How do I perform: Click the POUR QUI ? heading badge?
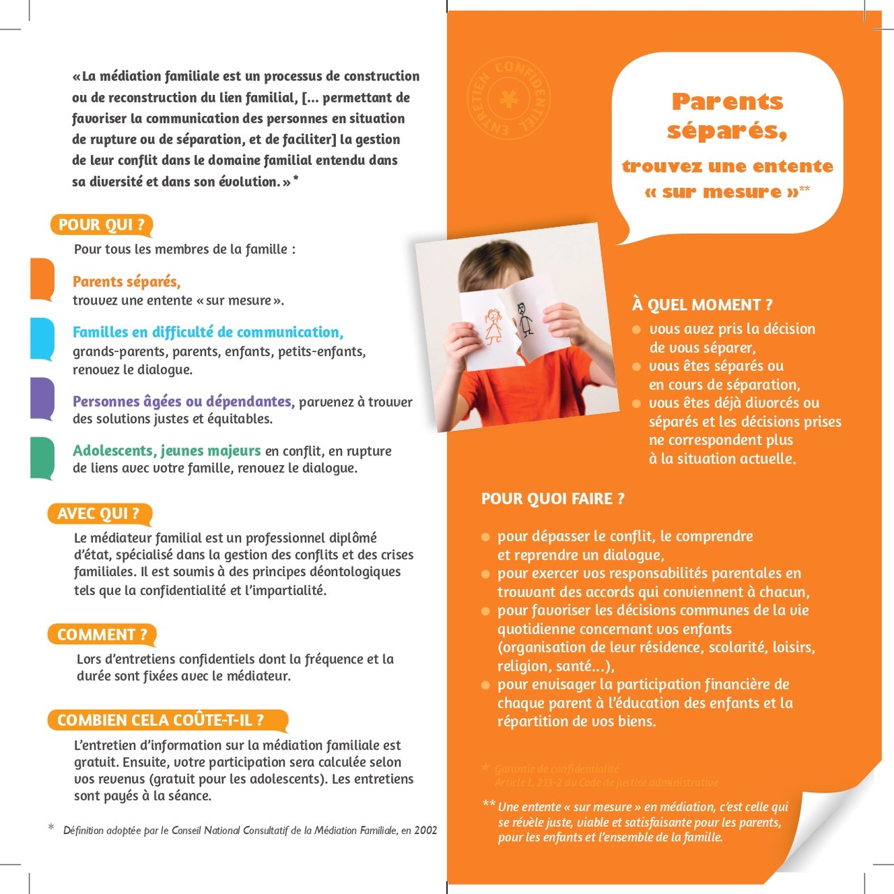click(101, 225)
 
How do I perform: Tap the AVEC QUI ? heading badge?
click(98, 514)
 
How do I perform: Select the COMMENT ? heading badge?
click(102, 635)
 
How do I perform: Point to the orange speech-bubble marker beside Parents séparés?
click(42, 279)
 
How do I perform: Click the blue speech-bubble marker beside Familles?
click(42, 338)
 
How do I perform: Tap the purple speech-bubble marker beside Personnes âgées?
click(42, 398)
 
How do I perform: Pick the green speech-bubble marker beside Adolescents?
click(42, 457)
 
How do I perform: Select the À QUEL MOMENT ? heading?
click(702, 305)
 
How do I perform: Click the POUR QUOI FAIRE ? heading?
click(552, 499)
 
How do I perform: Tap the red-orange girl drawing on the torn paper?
click(493, 326)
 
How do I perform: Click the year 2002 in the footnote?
click(425, 830)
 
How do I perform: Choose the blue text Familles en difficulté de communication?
click(207, 332)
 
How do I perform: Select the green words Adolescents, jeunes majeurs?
click(166, 450)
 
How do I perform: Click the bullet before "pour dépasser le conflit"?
click(485, 537)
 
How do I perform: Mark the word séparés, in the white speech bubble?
click(726, 131)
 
